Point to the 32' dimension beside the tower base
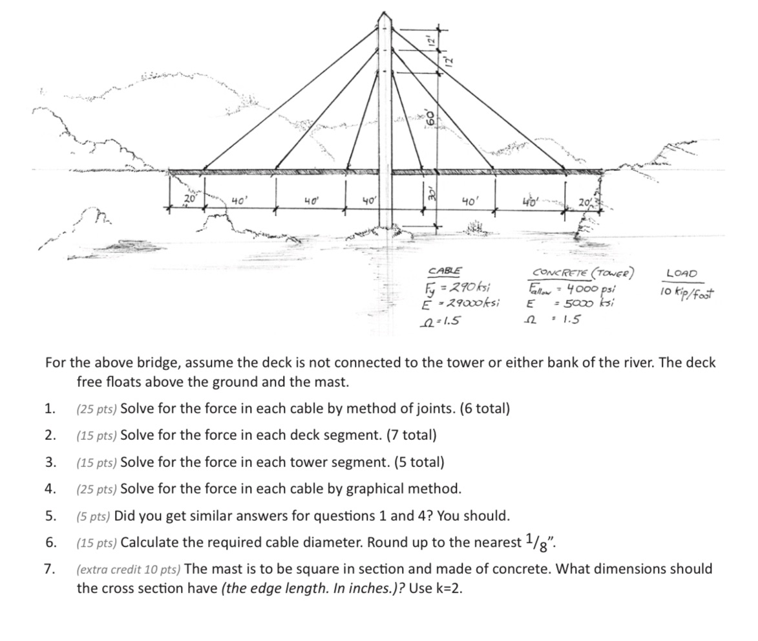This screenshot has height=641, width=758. (x=426, y=192)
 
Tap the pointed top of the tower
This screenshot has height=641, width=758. (x=385, y=13)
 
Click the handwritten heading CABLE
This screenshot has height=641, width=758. (x=445, y=271)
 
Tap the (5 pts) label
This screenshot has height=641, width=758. (x=94, y=516)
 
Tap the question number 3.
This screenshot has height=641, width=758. (x=50, y=462)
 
